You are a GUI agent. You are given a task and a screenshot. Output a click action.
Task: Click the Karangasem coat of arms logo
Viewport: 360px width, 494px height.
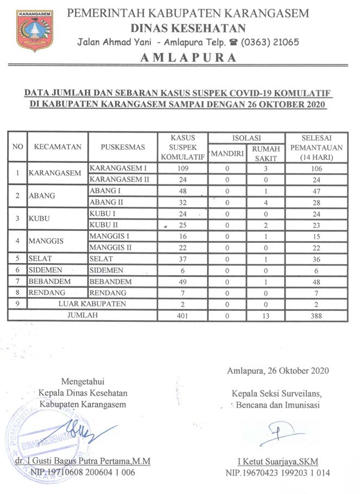click(35, 30)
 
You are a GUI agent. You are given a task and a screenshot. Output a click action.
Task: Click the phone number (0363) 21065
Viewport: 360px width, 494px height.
click(269, 42)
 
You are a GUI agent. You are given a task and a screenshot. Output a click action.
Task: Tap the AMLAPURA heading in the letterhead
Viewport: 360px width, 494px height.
click(190, 58)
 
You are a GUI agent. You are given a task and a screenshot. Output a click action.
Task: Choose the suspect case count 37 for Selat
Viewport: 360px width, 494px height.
click(182, 259)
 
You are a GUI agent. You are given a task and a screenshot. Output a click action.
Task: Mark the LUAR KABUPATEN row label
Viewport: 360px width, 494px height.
click(92, 304)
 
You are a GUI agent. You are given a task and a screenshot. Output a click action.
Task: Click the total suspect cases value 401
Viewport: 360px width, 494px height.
click(182, 315)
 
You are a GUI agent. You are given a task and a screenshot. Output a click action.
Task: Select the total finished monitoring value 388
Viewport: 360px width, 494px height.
click(317, 315)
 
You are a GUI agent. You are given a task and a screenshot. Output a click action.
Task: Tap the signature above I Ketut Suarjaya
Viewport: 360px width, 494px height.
click(278, 433)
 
